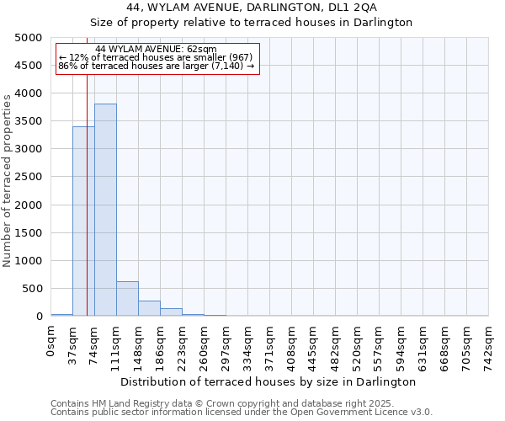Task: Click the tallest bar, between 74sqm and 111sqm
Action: pos(105,210)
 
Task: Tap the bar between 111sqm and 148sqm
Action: pos(127,299)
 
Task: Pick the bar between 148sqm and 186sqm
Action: pos(149,308)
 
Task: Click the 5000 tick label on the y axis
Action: pos(29,38)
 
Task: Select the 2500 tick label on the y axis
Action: pos(29,178)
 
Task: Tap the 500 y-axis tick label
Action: pos(32,289)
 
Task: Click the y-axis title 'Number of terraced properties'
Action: pos(8,180)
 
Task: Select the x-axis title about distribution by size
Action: pos(268,382)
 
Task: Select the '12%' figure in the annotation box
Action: pos(77,57)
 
